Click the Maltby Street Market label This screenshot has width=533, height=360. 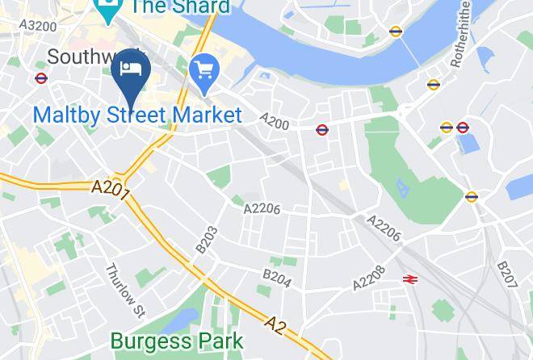tap(137, 115)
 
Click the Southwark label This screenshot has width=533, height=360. tap(81, 57)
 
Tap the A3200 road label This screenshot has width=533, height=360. tap(38, 26)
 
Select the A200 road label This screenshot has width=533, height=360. tap(275, 120)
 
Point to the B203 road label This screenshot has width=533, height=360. tap(207, 239)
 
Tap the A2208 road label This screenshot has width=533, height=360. tap(369, 279)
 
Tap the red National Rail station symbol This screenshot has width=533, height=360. tap(410, 278)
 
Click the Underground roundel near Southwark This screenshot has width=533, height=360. tap(40, 78)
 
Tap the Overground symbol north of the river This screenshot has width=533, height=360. tap(395, 32)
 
